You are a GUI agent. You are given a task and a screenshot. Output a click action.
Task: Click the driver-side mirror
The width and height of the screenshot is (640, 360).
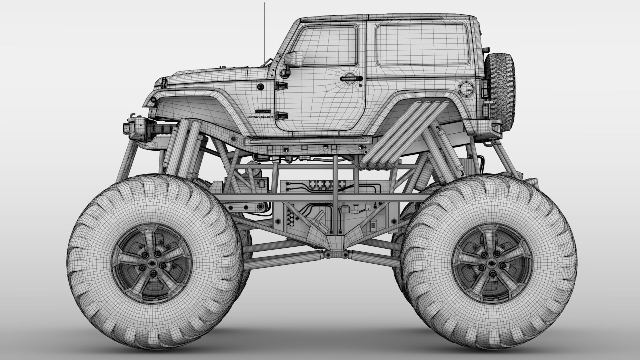click(x=293, y=59)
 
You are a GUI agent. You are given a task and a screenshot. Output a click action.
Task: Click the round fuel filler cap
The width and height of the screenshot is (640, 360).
click(x=466, y=88)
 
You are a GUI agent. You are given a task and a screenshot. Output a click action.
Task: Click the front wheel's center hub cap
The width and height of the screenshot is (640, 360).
click(x=152, y=263)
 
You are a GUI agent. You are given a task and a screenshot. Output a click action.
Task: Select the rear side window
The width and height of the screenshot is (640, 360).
click(x=422, y=45)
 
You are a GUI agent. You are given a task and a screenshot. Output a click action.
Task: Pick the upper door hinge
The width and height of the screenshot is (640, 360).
click(x=281, y=86)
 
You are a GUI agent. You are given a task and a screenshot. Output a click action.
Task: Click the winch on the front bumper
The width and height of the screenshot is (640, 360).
click(x=143, y=128)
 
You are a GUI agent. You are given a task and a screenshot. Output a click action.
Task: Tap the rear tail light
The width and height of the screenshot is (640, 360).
click(x=485, y=88)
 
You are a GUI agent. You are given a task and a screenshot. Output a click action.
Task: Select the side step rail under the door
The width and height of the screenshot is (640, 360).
click(x=307, y=141)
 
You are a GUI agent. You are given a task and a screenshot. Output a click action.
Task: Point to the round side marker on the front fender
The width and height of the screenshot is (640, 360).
click(x=261, y=87)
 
